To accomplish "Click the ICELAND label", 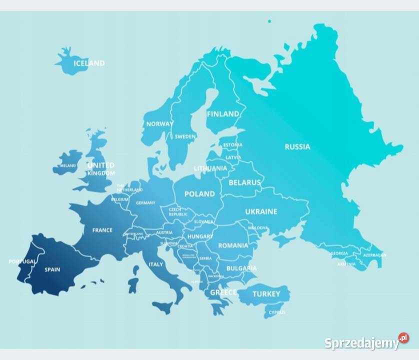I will (89, 63).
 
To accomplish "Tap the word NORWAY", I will (159, 124).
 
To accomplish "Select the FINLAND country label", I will (223, 114).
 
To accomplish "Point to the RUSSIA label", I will (297, 147).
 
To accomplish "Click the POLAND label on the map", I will (199, 194).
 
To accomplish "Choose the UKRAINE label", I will (261, 211).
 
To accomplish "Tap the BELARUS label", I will (244, 183).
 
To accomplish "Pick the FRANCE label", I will (102, 230).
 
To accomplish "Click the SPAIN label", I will (52, 269).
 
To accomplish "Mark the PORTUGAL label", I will (22, 261).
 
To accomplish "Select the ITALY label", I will (155, 264).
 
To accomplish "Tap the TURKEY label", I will (266, 294).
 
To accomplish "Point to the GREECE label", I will (223, 292).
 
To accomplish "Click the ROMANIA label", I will (232, 245).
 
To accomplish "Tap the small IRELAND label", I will (67, 165).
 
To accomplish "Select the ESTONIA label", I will (232, 145).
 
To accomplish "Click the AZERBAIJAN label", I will (374, 255).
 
